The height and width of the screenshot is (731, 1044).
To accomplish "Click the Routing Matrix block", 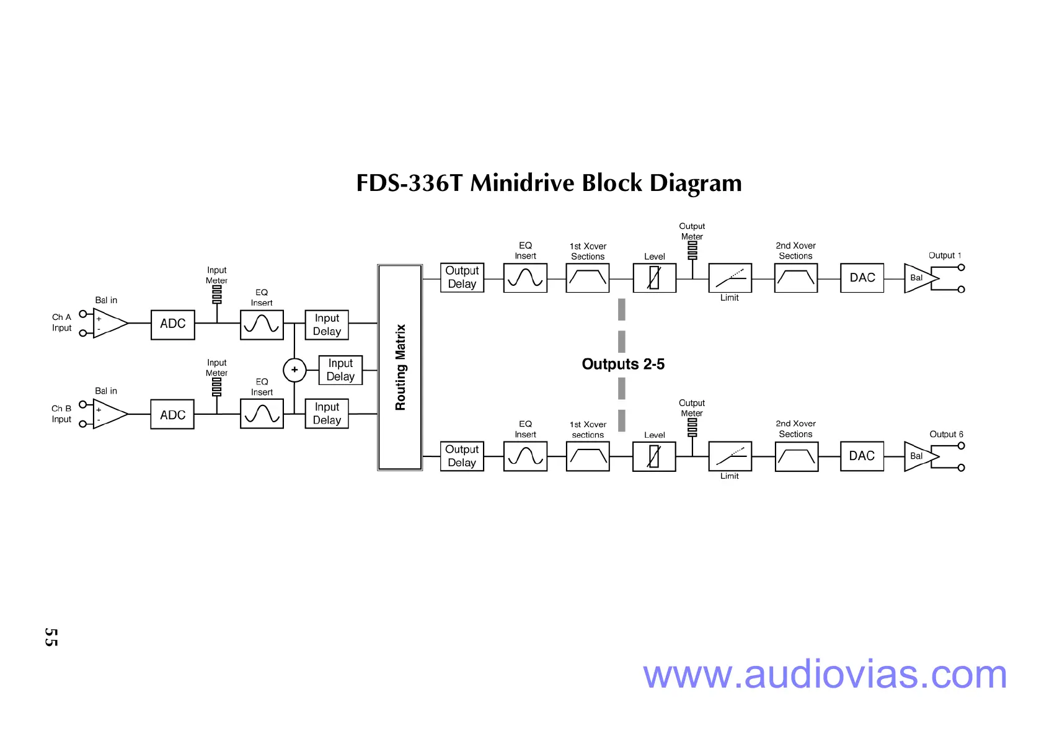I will (x=400, y=367).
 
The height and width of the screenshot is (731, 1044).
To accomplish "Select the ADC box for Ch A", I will (x=173, y=324).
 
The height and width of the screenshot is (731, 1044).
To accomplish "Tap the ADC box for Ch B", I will (x=172, y=415).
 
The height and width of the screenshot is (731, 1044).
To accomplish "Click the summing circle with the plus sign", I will (x=294, y=370).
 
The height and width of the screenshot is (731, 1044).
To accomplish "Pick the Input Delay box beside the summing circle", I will (x=340, y=370).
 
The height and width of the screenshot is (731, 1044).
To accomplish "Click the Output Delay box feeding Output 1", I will (x=462, y=278).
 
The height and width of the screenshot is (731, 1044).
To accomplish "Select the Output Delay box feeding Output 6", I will (x=462, y=456).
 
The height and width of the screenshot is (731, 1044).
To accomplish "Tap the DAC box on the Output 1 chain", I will (x=862, y=278).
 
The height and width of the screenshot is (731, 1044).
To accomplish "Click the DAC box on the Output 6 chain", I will (x=862, y=456).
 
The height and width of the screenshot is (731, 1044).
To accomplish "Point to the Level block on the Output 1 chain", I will (x=654, y=278).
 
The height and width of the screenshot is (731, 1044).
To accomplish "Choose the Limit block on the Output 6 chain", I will (x=730, y=456).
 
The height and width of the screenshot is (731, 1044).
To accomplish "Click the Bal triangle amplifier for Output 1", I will (x=919, y=278).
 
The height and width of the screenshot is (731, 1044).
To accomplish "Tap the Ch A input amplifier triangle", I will (x=108, y=324).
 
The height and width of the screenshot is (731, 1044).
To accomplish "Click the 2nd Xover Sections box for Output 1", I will (x=796, y=278).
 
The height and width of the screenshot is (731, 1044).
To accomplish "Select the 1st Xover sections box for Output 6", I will (x=588, y=456).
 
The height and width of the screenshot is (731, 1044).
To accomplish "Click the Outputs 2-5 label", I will (x=623, y=364).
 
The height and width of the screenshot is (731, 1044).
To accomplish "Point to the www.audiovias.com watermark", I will (x=825, y=675).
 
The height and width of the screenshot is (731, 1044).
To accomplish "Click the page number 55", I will (x=51, y=637).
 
